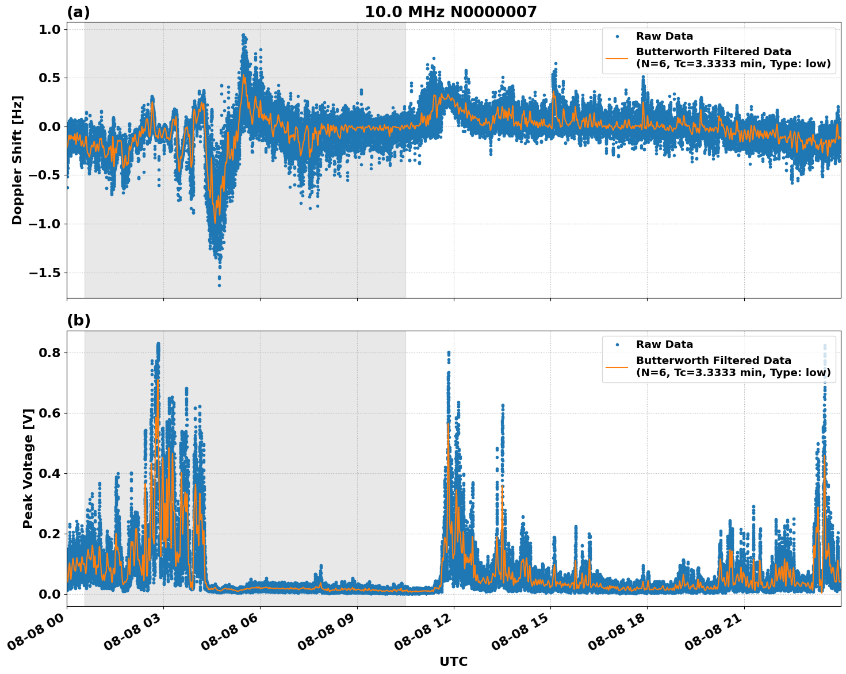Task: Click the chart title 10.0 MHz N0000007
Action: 450,12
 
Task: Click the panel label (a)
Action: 78,12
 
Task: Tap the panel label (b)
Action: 78,320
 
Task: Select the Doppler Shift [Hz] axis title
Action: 17,160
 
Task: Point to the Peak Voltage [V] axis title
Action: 28,468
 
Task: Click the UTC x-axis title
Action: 453,661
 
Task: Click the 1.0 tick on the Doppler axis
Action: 49,29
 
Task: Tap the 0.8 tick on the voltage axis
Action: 49,353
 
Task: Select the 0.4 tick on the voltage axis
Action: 49,473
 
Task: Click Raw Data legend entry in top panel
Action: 664,36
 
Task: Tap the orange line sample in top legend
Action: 617,58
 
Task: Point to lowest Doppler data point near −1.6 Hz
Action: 219,285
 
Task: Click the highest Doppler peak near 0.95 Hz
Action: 243,35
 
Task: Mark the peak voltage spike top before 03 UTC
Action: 158,344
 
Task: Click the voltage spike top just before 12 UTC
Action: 449,352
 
